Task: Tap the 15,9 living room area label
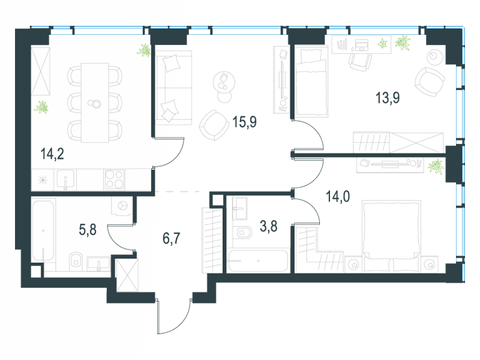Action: (x=244, y=122)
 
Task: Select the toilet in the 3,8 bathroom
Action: (x=245, y=232)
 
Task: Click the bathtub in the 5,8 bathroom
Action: (x=43, y=231)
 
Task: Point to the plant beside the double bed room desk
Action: (x=437, y=164)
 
